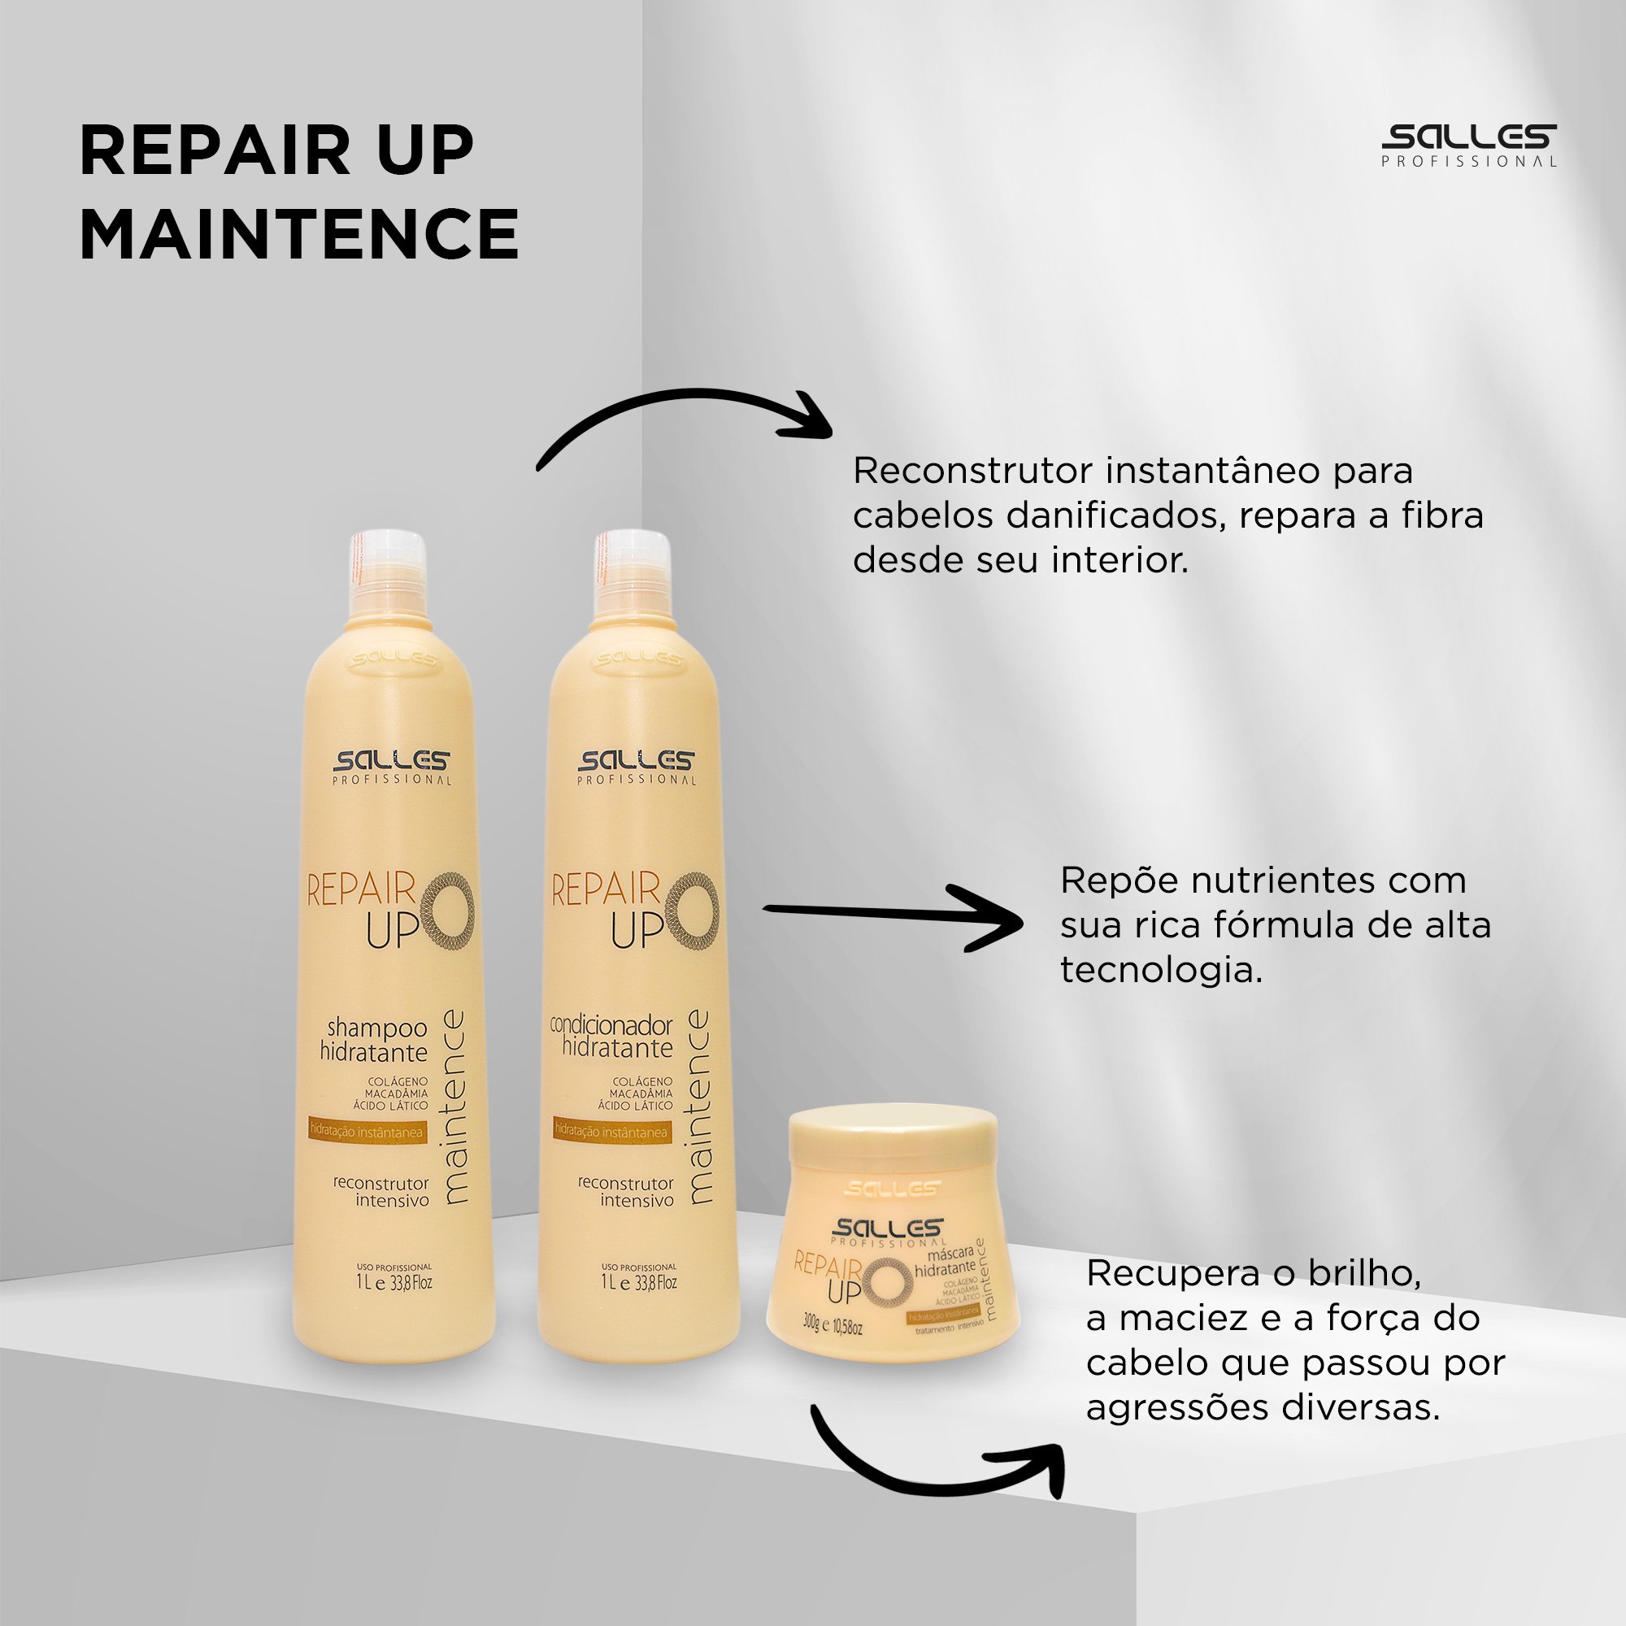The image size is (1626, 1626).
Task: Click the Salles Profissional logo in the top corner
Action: point(1468,145)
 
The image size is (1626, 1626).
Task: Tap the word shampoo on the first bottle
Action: point(377,1028)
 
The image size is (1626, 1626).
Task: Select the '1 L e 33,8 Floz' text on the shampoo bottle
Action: point(393,1284)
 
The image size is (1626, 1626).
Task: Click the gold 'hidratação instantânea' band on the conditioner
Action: point(612,1132)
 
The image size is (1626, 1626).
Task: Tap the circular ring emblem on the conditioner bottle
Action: point(693,914)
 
